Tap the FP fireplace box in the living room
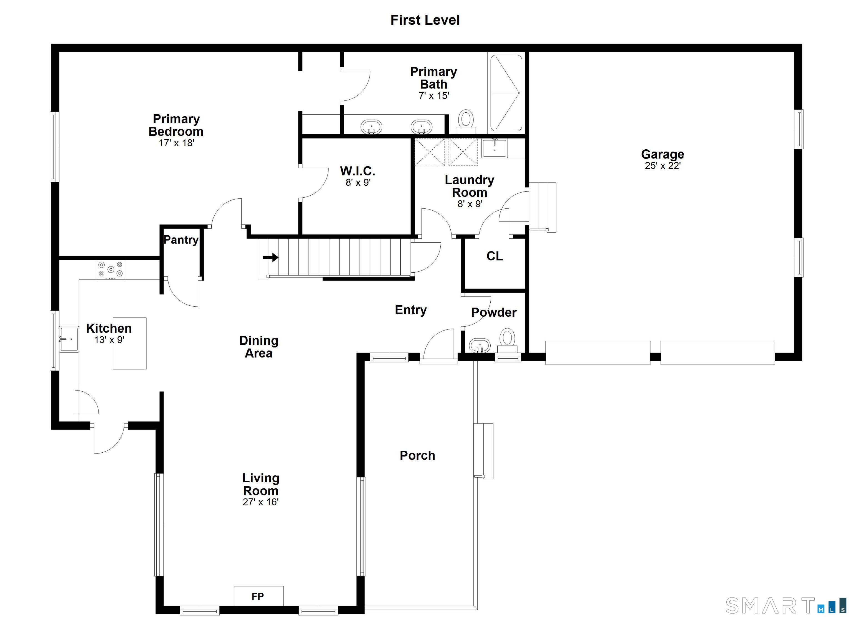259,596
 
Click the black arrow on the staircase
270,258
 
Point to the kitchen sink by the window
69,339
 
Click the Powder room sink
480,345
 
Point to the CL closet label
494,256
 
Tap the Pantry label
181,240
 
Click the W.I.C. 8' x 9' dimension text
358,183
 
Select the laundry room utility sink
495,147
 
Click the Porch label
417,456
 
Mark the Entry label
410,310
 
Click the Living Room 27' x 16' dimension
260,502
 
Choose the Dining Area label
259,347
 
